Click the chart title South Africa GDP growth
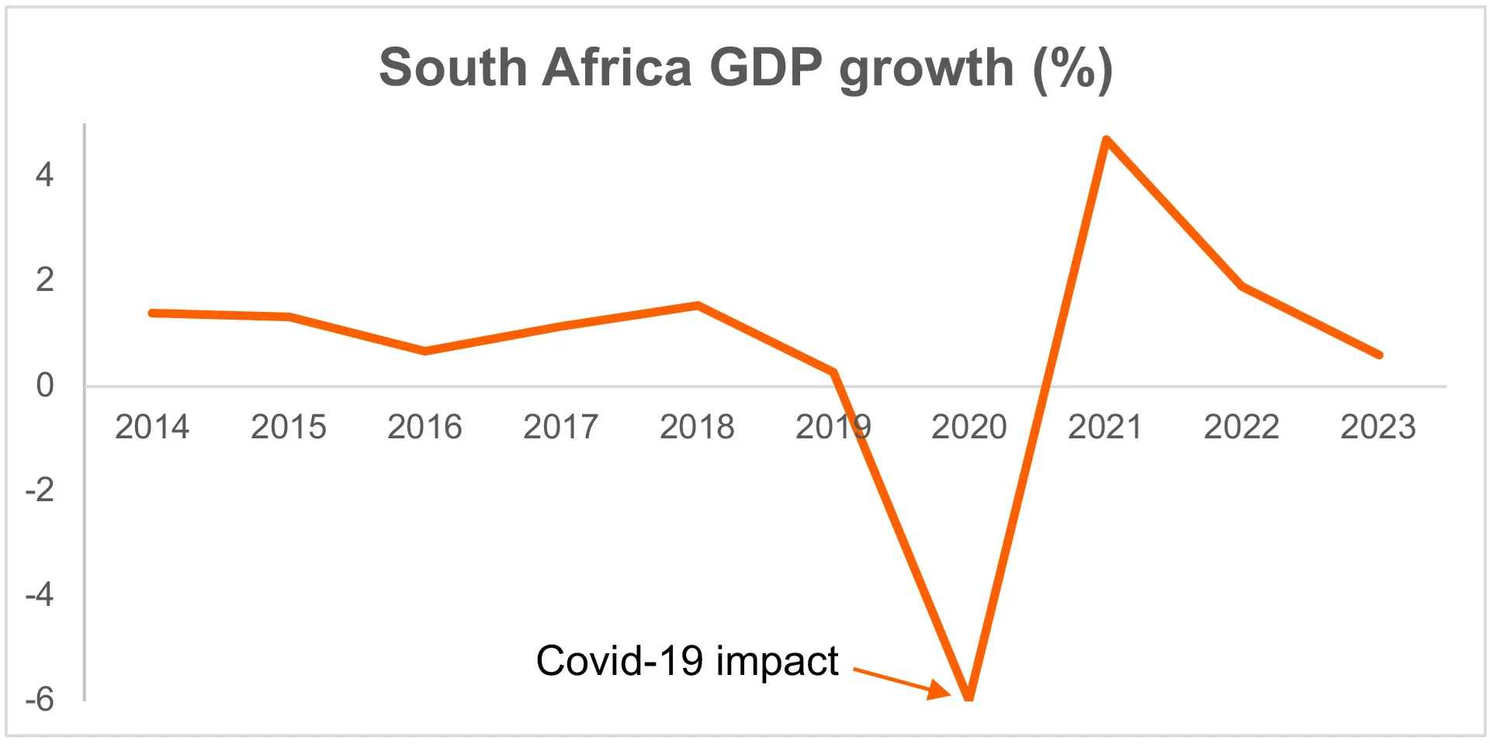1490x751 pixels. click(x=745, y=68)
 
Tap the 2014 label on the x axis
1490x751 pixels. click(x=152, y=427)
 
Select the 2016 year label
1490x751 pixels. click(x=424, y=427)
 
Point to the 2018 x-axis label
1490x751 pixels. click(x=697, y=427)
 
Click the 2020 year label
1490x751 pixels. click(x=969, y=427)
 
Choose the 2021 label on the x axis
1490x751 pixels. click(x=1105, y=427)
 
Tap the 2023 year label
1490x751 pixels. click(x=1378, y=427)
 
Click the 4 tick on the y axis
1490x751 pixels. click(x=44, y=175)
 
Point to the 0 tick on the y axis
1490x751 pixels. click(x=45, y=385)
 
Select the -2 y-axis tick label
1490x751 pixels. click(x=40, y=490)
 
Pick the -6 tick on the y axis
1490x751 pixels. click(x=40, y=699)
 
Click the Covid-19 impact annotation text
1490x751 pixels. click(x=687, y=661)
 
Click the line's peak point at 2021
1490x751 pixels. click(x=1107, y=141)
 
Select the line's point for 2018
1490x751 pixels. click(x=698, y=306)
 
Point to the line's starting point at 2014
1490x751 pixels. click(x=153, y=313)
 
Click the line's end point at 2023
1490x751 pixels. click(x=1379, y=355)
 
